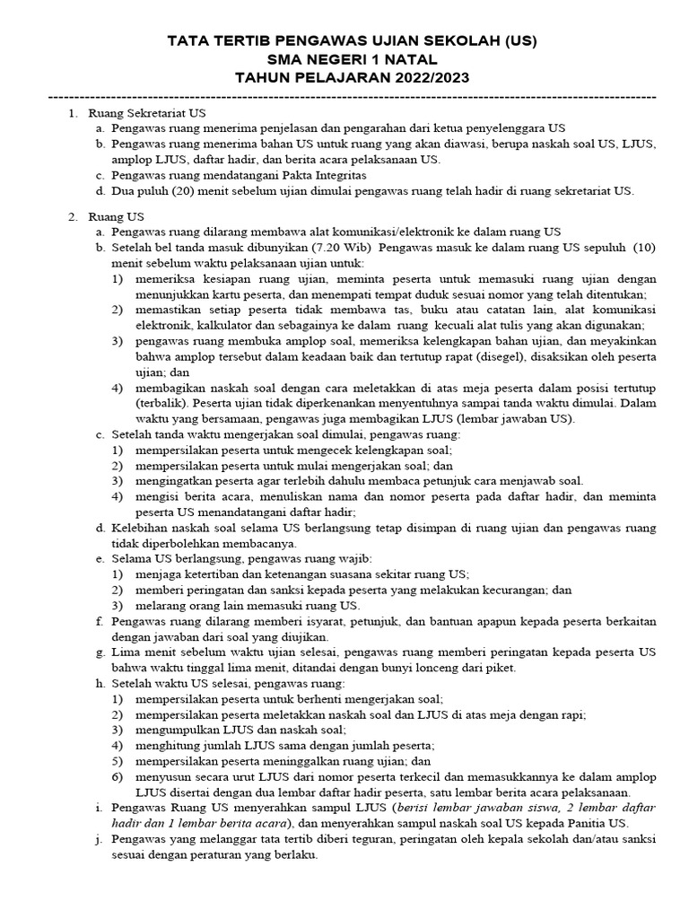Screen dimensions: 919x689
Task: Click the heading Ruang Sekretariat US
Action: point(148,114)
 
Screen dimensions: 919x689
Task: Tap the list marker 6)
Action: point(118,776)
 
